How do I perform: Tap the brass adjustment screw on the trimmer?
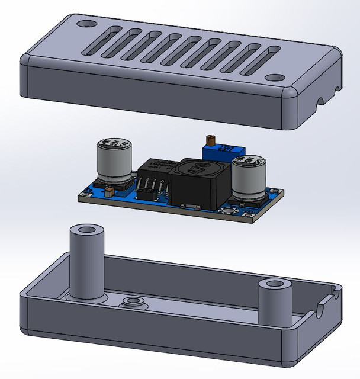[x=208, y=140]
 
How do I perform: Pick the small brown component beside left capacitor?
[x=109, y=191]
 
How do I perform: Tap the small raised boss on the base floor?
[x=134, y=303]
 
